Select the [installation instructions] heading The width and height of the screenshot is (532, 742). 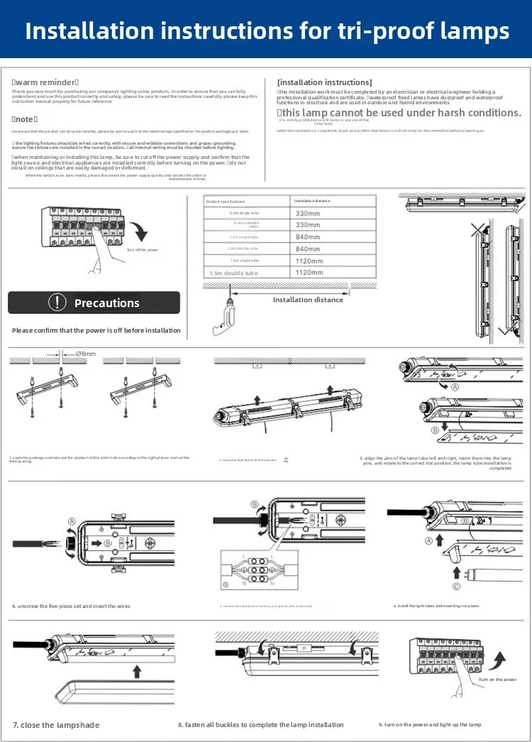tap(324, 82)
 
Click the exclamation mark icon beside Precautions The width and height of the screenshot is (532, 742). tap(57, 302)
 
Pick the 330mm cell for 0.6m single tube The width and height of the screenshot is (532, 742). tap(308, 213)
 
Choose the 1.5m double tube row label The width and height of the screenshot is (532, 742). tap(233, 273)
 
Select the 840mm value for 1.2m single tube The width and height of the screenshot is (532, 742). tap(308, 237)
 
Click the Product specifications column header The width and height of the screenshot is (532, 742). tap(226, 201)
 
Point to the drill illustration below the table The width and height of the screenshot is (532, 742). tap(224, 316)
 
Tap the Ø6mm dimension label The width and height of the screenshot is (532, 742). tap(85, 353)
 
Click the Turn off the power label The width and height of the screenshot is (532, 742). tap(142, 250)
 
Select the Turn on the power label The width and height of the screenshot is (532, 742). tap(497, 680)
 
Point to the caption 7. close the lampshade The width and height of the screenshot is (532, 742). tap(56, 725)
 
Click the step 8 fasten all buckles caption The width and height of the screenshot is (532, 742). tap(260, 725)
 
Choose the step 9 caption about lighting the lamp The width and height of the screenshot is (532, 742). tap(430, 724)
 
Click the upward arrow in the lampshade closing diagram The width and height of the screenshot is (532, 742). tap(137, 670)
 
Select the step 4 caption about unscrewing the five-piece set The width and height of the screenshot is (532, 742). tap(71, 606)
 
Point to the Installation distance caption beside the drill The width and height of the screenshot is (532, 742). tap(308, 299)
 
